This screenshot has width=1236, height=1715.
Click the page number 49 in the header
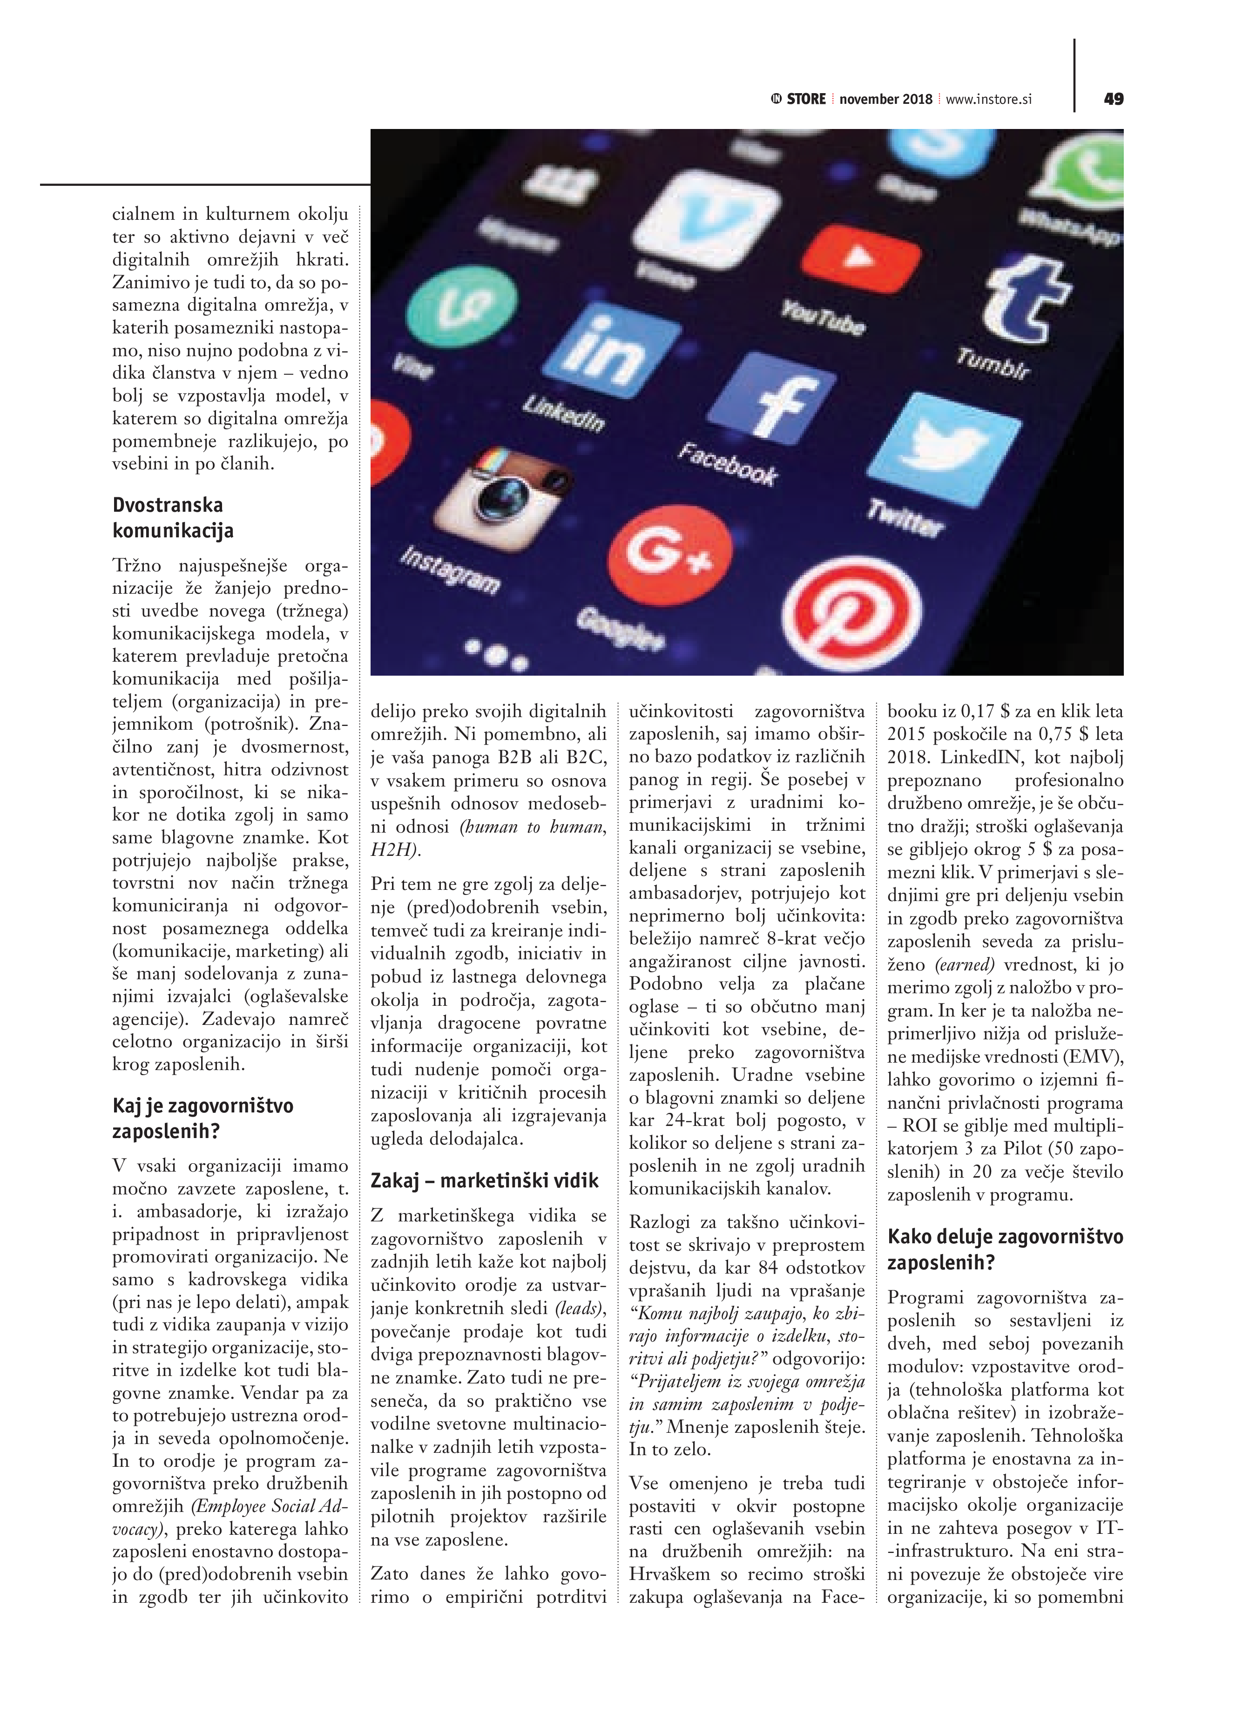point(1113,99)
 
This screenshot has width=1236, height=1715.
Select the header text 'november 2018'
point(885,99)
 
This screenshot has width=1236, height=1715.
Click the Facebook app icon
point(765,399)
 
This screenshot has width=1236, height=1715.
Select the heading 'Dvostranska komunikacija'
point(172,517)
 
